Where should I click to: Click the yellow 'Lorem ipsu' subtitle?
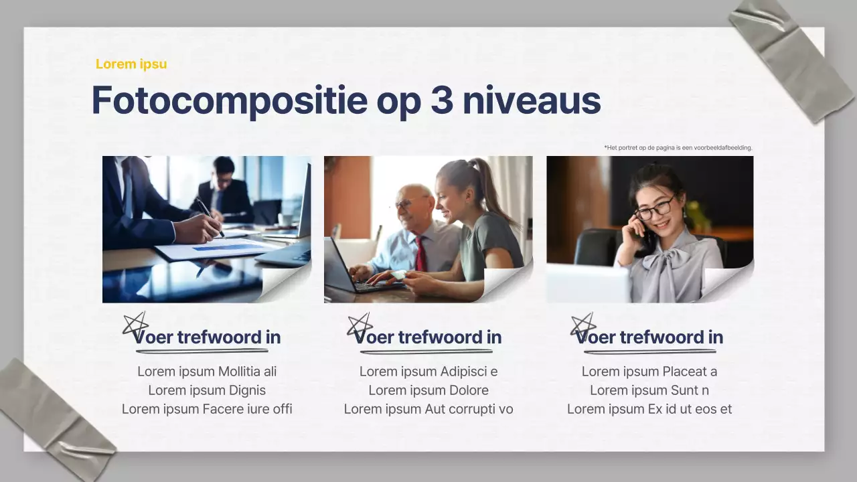click(131, 64)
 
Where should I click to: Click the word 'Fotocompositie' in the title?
click(229, 100)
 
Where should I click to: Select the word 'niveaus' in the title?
click(532, 100)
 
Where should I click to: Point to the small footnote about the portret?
click(678, 147)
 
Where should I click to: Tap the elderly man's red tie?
click(420, 253)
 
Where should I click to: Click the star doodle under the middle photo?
click(360, 325)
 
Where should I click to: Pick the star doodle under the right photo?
click(582, 325)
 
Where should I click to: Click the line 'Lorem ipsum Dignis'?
click(207, 390)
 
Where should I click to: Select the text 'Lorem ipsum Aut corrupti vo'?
click(428, 409)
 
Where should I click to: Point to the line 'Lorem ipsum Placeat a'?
click(649, 372)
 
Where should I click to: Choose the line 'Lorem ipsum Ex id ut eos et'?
click(649, 409)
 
